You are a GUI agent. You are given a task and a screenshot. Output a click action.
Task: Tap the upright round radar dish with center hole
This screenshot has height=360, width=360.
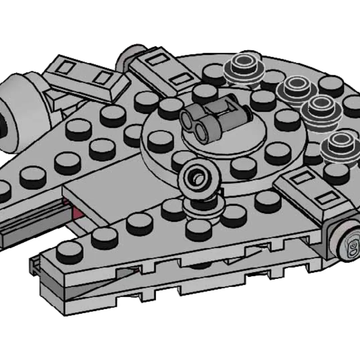tap(198, 178)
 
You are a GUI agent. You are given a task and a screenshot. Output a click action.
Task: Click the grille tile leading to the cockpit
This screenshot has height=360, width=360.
tap(306, 193)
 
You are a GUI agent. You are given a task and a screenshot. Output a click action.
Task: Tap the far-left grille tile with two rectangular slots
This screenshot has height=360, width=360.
tap(85, 76)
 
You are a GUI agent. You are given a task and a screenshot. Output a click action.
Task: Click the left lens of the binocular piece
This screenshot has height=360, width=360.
tap(189, 119)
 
